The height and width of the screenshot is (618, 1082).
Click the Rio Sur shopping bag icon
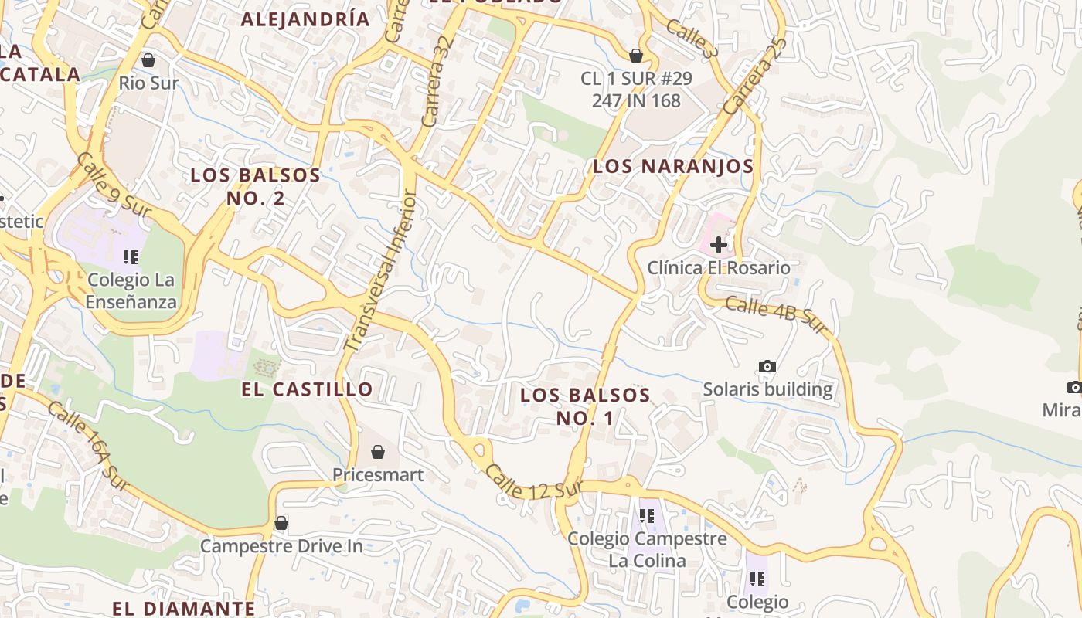point(148,59)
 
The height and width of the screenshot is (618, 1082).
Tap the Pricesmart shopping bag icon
point(378,451)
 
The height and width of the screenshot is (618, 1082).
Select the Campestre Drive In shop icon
point(281,523)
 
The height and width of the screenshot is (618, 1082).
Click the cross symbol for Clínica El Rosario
point(719,245)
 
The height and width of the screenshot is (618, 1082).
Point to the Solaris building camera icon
point(767,366)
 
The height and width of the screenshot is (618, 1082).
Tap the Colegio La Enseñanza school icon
point(131,256)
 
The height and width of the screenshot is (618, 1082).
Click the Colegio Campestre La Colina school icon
point(647,515)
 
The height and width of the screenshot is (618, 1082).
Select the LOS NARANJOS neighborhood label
point(672,166)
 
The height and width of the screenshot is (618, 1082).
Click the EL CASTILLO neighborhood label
point(307,389)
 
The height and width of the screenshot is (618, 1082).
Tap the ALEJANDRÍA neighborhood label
point(305,19)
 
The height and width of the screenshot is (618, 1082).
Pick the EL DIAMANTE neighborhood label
point(183,608)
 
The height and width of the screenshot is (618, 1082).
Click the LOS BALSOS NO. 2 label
point(255,186)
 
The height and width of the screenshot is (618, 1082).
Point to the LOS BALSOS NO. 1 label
point(585,406)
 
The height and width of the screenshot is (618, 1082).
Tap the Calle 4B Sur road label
point(776,315)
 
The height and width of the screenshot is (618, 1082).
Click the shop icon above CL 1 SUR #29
point(636,56)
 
